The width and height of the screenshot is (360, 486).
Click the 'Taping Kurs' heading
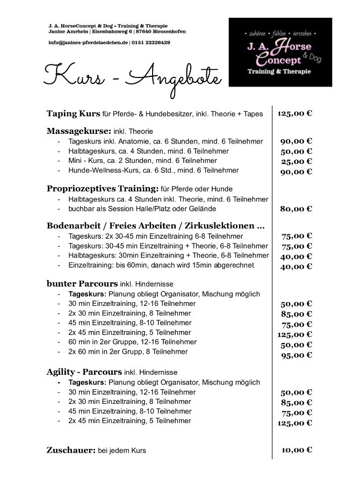coord(74,114)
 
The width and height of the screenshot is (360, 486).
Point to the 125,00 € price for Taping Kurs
coord(295,114)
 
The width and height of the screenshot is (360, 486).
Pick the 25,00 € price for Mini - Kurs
coord(296,161)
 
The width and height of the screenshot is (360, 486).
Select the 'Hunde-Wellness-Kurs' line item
coord(154,170)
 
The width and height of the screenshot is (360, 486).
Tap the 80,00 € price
coord(296,209)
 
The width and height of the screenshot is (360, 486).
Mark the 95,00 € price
coord(296,355)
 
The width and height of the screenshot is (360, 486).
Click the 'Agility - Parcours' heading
coord(84,371)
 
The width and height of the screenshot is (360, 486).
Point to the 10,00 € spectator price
coord(296,450)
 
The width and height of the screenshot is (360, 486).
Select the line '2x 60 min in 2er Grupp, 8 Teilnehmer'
coord(128,352)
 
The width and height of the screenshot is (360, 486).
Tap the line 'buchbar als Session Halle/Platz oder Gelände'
coord(142,209)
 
